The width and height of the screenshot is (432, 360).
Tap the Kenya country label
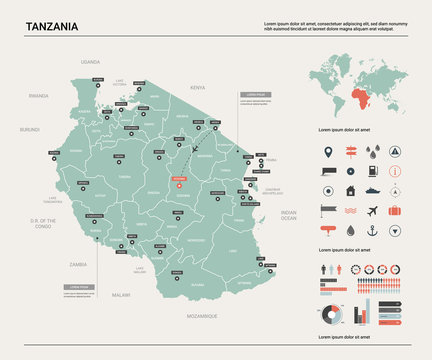[x=197, y=87]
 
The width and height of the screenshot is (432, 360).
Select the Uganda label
[x=91, y=61]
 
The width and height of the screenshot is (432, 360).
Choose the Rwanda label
[x=39, y=95]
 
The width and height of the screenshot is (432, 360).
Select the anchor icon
[x=373, y=230]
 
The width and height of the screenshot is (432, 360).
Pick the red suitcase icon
[x=395, y=211]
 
